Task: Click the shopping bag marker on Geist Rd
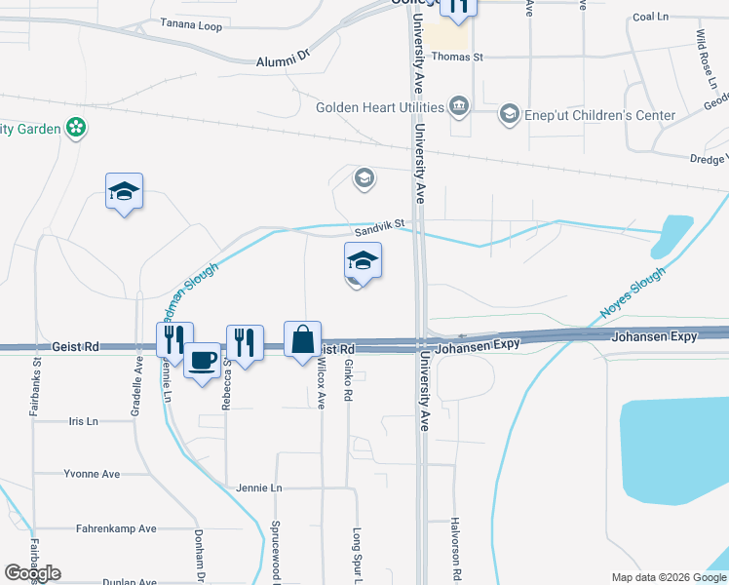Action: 303,340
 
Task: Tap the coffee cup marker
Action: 203,360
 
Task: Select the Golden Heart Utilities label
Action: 379,107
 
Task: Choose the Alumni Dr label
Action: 282,59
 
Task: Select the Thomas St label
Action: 457,58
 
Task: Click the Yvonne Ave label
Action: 92,474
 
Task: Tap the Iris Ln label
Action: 84,421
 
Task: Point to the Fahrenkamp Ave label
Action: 116,529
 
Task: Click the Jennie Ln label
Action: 258,487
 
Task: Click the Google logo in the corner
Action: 32,573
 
